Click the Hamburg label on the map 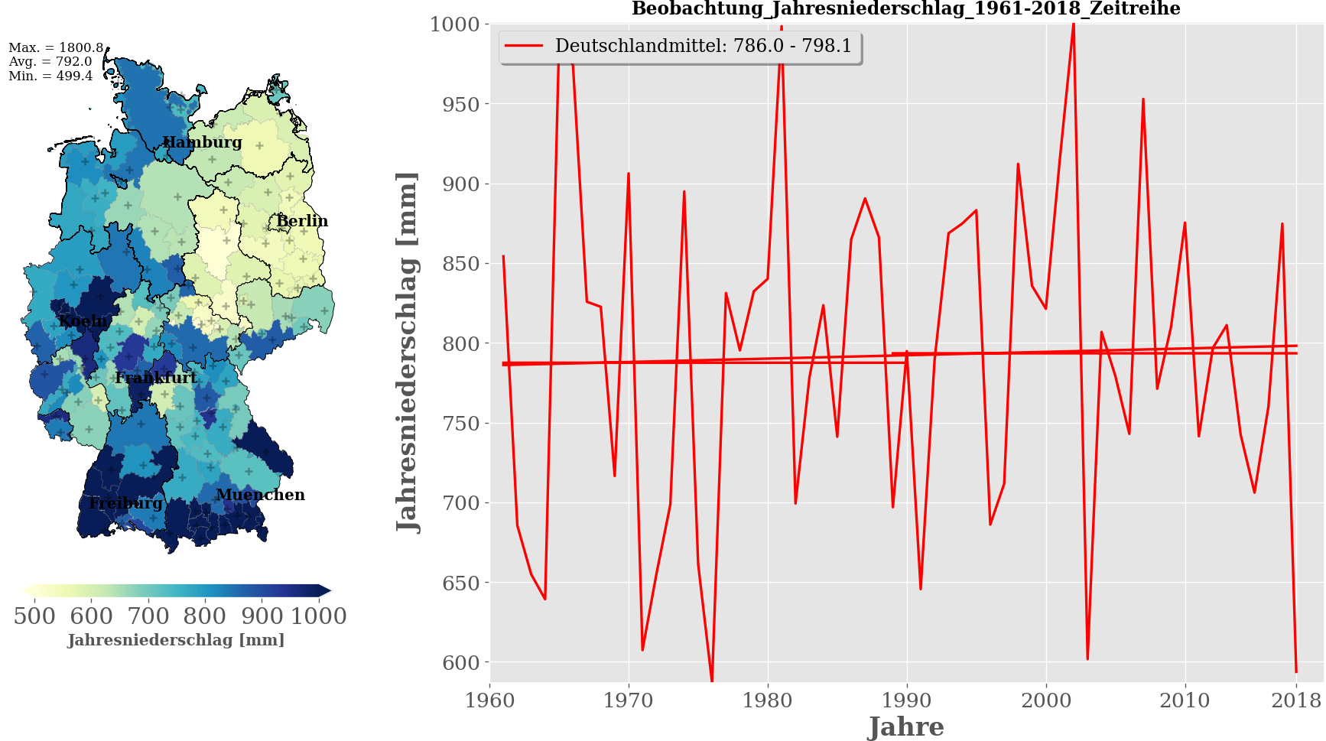(202, 142)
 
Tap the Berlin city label (302, 221)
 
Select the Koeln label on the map (83, 321)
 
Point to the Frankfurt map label (156, 378)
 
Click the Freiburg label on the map (125, 503)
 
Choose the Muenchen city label (260, 495)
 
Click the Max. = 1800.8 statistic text (56, 47)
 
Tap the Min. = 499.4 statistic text (50, 76)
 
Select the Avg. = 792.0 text (50, 62)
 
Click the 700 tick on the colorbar (148, 616)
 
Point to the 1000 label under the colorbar (319, 616)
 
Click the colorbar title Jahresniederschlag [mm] (176, 640)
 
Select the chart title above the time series (905, 9)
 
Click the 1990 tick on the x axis (907, 700)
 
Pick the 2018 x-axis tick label (1295, 700)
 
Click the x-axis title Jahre (906, 726)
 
